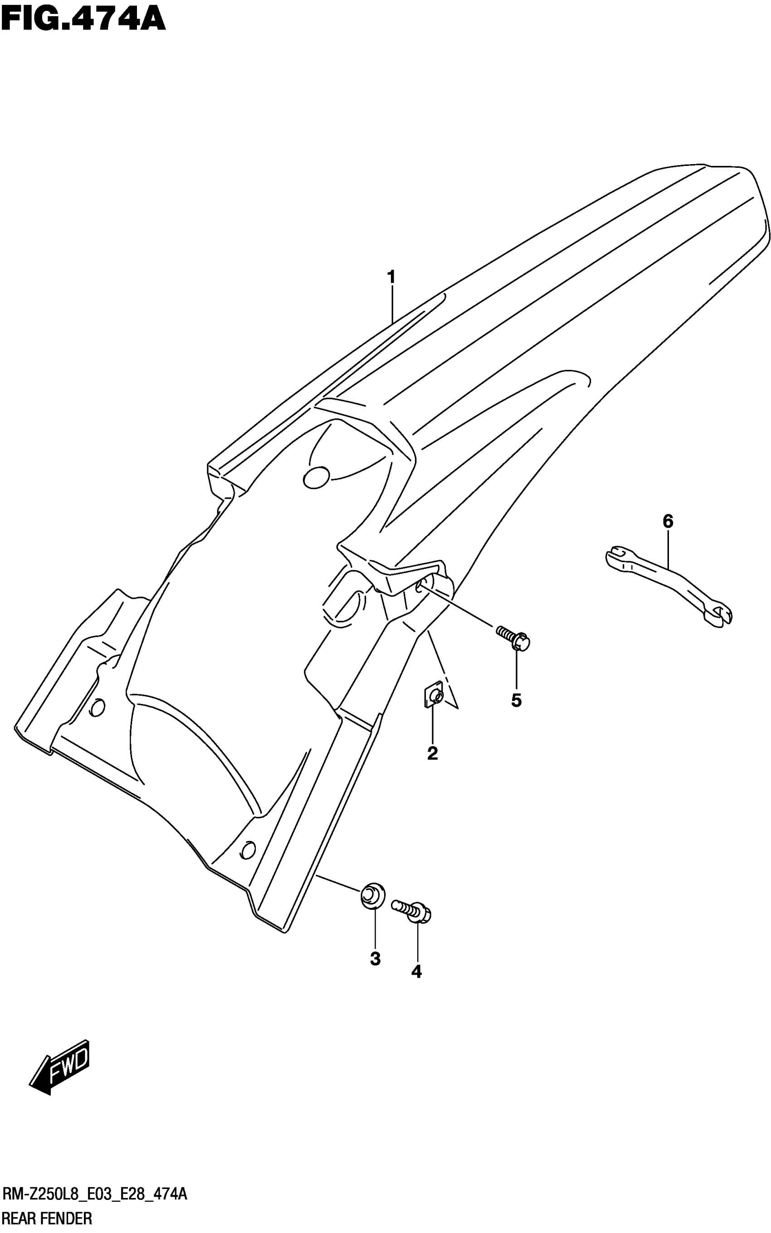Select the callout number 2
432,753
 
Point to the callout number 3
376,959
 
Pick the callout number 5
517,700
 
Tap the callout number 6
668,521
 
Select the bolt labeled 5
513,638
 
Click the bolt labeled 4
411,910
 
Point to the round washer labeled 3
373,895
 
